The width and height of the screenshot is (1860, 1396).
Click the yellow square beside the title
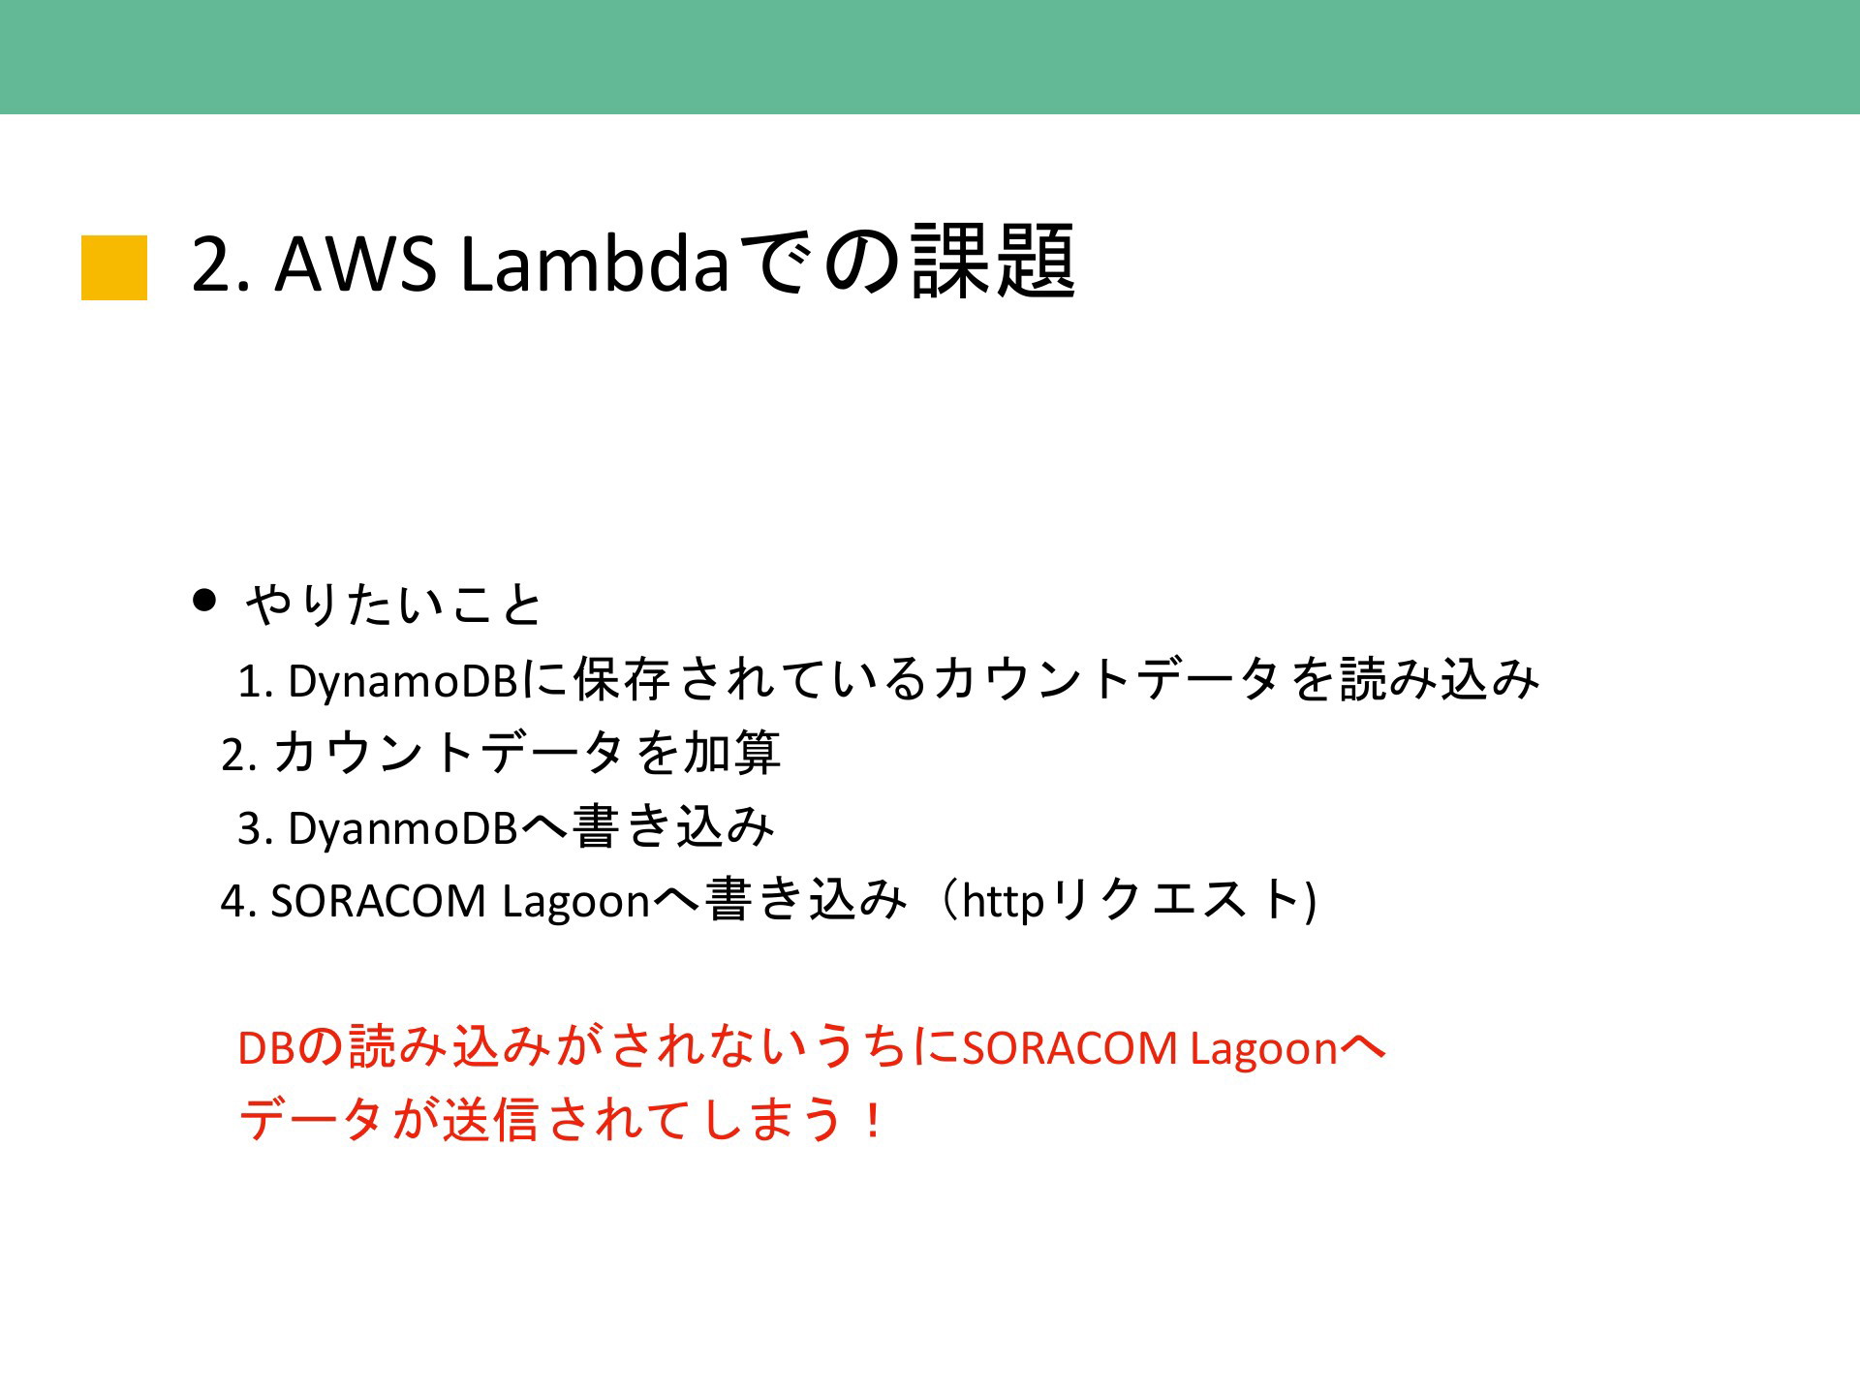pos(114,267)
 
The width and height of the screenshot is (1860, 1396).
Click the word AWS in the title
pos(356,264)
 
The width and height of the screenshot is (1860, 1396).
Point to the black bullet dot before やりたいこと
pos(203,600)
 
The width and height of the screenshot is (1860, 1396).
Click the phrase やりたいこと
pos(393,605)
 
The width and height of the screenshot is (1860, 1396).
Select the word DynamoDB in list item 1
pos(403,682)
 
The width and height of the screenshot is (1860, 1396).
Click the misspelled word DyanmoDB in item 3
pos(403,828)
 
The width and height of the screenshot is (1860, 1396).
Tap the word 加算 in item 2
pos(731,753)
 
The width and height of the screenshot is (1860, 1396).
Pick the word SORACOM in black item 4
pos(378,901)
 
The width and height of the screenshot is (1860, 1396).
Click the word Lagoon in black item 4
pos(575,902)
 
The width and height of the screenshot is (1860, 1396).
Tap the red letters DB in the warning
pos(265,1048)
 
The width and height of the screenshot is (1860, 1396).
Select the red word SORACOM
pos(1069,1048)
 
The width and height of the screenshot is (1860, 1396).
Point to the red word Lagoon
pos(1264,1049)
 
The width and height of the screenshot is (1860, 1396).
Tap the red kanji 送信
pos(490,1121)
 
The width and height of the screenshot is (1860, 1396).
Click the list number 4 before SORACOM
pos(232,902)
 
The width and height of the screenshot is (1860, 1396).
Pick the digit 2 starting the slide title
pos(212,264)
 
